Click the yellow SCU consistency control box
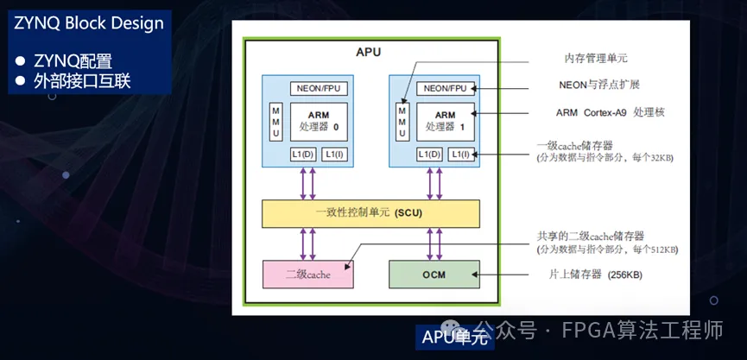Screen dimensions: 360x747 point(370,212)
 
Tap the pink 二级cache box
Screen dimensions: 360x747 point(307,274)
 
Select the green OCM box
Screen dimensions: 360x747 point(434,274)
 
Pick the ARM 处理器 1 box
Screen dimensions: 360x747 point(445,122)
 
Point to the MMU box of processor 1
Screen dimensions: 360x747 point(402,122)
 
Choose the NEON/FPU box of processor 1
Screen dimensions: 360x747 point(446,88)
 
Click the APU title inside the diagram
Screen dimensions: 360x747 point(369,53)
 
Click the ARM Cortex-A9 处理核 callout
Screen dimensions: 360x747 point(610,112)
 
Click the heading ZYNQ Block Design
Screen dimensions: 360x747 point(88,23)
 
